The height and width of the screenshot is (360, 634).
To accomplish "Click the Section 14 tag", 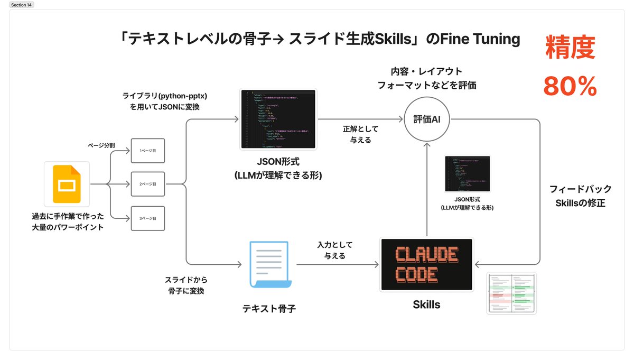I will pyautogui.click(x=22, y=4).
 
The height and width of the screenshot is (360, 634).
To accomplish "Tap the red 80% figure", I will pyautogui.click(x=570, y=86).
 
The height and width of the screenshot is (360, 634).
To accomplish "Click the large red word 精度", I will pyautogui.click(x=570, y=48).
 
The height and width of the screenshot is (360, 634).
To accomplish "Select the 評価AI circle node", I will pyautogui.click(x=426, y=120).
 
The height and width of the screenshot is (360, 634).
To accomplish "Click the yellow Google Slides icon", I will pyautogui.click(x=67, y=184).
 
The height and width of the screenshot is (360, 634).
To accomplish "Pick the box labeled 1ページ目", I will pyautogui.click(x=148, y=151).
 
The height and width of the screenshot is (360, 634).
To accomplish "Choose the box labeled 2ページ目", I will pyautogui.click(x=148, y=184).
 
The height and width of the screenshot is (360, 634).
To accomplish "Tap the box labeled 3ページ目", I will pyautogui.click(x=148, y=218).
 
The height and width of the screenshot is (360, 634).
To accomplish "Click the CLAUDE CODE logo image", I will pyautogui.click(x=426, y=264).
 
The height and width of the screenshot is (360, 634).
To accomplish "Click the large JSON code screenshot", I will pyautogui.click(x=278, y=119).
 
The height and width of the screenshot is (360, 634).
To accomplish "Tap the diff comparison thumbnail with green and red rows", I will pyautogui.click(x=511, y=293).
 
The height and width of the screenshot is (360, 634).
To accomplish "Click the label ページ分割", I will pyautogui.click(x=102, y=144).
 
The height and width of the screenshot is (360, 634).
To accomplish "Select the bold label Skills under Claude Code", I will pyautogui.click(x=426, y=304).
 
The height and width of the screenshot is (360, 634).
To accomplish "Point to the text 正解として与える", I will pyautogui.click(x=361, y=135).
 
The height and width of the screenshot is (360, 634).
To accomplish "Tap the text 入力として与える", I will pyautogui.click(x=334, y=250).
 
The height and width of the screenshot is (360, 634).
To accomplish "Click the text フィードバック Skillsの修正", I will pyautogui.click(x=580, y=196).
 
